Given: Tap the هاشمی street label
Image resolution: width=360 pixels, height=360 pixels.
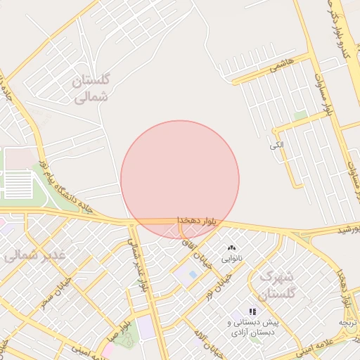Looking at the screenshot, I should [275, 68].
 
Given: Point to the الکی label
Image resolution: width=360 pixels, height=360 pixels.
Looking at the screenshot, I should [276, 145].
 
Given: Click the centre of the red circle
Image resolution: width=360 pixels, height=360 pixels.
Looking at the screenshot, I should [180, 179].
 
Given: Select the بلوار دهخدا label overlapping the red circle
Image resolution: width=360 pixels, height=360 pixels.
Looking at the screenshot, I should [196, 221].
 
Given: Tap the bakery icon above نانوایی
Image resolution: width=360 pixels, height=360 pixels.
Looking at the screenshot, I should [231, 248].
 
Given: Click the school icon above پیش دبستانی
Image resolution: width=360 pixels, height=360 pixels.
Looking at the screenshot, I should [252, 311].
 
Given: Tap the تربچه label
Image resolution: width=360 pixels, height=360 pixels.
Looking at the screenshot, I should [349, 321].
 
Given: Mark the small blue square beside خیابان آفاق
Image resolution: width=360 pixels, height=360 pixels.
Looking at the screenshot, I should [193, 274].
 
